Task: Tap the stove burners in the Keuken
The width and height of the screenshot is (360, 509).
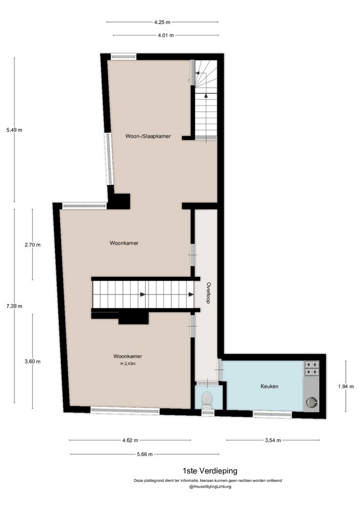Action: (312, 368)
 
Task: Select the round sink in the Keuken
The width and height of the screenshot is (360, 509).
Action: (312, 402)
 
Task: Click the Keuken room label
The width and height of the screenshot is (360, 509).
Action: (269, 387)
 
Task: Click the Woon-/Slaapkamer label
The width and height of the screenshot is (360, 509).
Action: (148, 136)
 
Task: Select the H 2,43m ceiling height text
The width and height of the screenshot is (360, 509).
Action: (128, 364)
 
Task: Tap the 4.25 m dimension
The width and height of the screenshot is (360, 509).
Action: (162, 22)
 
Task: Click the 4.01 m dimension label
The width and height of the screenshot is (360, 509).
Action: (166, 36)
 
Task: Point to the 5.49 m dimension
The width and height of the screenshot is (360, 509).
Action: (14, 130)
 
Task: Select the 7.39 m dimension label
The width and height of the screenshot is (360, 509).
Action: (14, 306)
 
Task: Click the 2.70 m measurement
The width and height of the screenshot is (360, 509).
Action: (32, 245)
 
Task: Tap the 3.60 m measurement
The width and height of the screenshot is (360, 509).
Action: (32, 362)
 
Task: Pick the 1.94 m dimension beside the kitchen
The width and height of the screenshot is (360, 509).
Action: (346, 387)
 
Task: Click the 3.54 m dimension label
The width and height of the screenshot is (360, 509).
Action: (273, 441)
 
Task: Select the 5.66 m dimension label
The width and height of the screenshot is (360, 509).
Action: (145, 454)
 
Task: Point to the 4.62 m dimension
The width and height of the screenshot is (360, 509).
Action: (130, 441)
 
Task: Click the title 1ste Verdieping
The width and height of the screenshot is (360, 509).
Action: (210, 471)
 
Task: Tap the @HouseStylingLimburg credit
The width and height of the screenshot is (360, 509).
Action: (210, 487)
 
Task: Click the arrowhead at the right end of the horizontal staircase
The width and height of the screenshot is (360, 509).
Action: (191, 295)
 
